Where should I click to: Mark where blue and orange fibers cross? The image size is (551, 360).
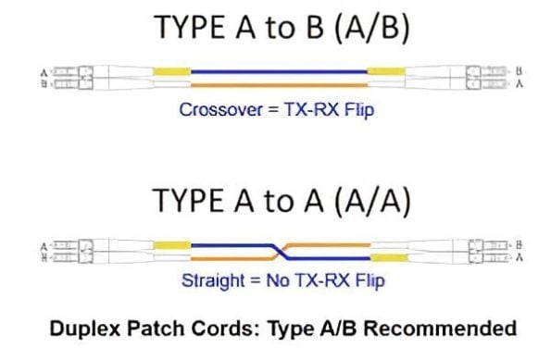coord(277,250)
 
